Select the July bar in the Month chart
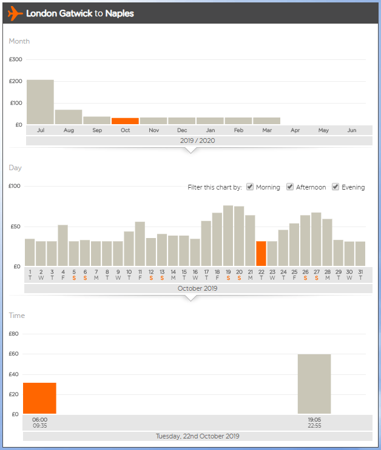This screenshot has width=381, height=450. coord(40,102)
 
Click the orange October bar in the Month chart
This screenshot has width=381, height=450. coord(125,121)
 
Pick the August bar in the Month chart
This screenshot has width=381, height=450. coord(69,117)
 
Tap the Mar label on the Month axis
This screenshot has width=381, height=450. coord(267,130)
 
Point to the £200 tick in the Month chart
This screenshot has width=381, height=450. coord(16,81)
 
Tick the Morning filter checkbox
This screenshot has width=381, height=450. coord(249,187)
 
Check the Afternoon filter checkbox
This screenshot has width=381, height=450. coord(290,187)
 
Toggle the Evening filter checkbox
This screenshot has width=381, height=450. coord(335,187)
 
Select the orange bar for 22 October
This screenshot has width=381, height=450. coord(261,253)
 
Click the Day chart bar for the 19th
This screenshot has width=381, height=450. coord(228,236)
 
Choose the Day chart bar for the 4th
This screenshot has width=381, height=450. coord(63,245)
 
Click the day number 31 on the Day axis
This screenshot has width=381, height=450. coord(360,272)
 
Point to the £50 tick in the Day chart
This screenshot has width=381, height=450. coord(15,227)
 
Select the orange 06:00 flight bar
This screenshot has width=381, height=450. coord(40,398)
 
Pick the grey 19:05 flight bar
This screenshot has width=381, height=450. coord(314,383)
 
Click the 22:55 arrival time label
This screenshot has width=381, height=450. coord(314,425)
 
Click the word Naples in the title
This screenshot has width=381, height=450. coord(120,13)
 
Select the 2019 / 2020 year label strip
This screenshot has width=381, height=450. coord(198,141)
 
